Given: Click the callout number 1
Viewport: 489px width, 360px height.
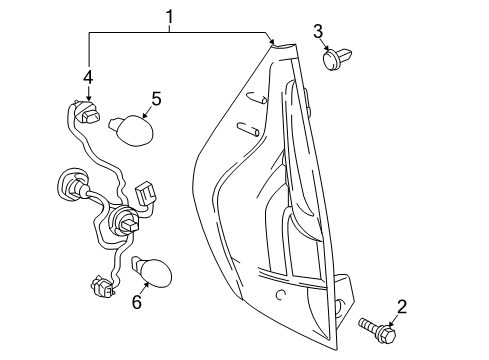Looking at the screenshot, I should [x=170, y=16].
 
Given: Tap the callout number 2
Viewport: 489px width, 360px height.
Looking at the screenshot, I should [x=402, y=307].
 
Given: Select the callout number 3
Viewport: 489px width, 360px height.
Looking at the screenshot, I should [x=319, y=31].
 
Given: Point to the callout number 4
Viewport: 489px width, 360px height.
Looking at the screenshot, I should [x=89, y=76].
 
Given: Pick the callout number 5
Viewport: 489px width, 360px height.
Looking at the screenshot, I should [x=155, y=98].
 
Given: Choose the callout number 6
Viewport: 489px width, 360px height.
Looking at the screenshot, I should [x=136, y=301].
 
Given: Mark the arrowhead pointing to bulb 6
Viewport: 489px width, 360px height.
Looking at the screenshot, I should [x=141, y=284].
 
